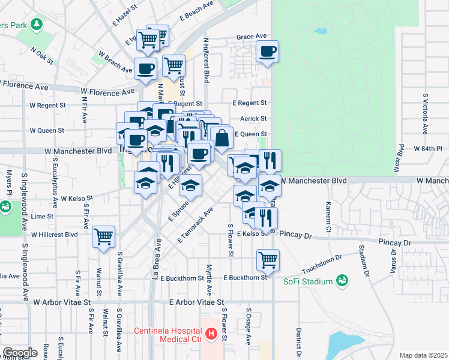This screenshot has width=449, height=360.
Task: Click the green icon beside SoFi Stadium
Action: [x=342, y=280]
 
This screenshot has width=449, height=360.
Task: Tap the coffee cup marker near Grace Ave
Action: [x=268, y=51]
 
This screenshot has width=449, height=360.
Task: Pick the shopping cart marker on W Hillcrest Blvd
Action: [x=104, y=236]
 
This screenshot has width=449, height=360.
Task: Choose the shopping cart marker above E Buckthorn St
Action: [x=268, y=260]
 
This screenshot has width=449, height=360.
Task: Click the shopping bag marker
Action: [x=221, y=137]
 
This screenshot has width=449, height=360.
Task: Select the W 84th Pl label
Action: [x=427, y=148]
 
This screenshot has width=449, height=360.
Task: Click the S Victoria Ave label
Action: [x=426, y=113]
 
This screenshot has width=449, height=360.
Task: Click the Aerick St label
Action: [x=253, y=119]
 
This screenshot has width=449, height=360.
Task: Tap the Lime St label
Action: [x=42, y=216]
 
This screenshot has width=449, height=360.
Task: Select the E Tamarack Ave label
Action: [x=196, y=225]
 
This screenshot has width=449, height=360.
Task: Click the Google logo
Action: [x=20, y=353]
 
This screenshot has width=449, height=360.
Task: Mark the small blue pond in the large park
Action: [x=321, y=31]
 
